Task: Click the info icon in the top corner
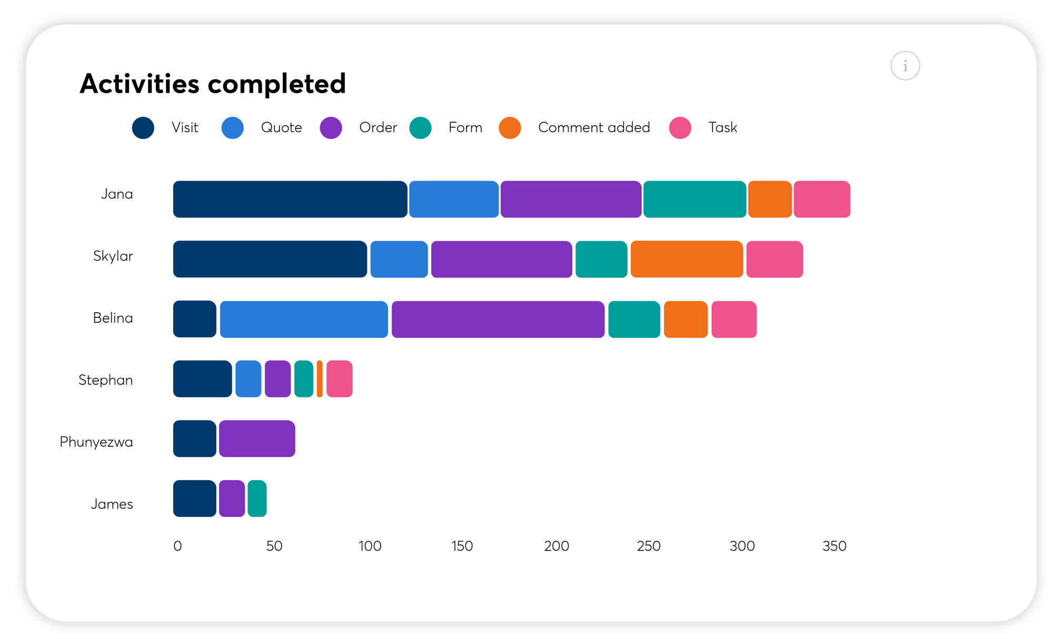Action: point(905,66)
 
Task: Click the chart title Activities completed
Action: point(213,84)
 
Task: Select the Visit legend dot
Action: point(143,128)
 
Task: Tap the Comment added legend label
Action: point(593,127)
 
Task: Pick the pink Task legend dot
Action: point(680,128)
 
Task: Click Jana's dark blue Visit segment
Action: point(290,199)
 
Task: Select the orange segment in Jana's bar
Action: point(770,199)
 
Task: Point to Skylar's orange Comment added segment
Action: point(687,259)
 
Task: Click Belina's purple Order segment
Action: point(498,319)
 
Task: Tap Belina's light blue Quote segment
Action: point(304,319)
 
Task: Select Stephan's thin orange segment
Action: point(320,379)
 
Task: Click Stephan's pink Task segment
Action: point(339,379)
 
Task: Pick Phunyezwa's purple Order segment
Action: point(257,438)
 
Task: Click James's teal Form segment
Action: point(257,498)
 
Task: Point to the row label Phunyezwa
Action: point(96,442)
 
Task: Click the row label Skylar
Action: point(113,256)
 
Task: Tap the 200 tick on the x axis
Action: point(557,546)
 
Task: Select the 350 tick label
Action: point(834,546)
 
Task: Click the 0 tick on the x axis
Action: point(177,546)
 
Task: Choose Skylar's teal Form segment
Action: point(601,259)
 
